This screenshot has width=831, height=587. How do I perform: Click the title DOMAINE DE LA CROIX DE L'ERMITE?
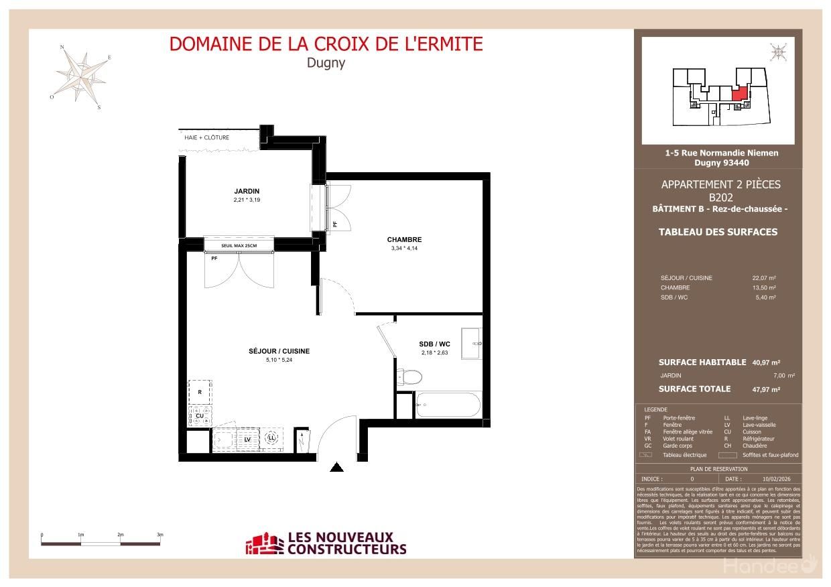click(x=326, y=44)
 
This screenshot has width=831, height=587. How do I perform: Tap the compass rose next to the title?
click(x=82, y=74)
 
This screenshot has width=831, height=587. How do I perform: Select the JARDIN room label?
click(x=247, y=191)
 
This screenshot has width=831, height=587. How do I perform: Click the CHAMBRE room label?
click(x=404, y=240)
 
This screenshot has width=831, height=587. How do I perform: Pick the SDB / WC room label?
click(x=435, y=344)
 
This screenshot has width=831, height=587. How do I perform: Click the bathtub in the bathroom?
click(x=448, y=405)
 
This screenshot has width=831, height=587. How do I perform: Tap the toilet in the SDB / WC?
click(x=408, y=378)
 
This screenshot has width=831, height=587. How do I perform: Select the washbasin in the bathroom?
click(x=471, y=344)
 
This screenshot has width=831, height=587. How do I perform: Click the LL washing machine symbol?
click(x=271, y=438)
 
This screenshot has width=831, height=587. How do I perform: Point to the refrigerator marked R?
click(x=200, y=391)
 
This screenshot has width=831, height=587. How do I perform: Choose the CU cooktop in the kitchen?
click(x=200, y=415)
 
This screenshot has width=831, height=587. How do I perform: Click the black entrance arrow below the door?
click(x=337, y=468)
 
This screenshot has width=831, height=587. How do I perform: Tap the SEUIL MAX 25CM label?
click(x=239, y=246)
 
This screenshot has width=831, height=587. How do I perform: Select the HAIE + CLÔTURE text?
click(x=206, y=138)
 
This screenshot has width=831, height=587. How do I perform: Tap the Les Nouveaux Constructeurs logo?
click(x=326, y=543)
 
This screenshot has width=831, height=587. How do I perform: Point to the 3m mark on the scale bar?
click(x=160, y=535)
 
